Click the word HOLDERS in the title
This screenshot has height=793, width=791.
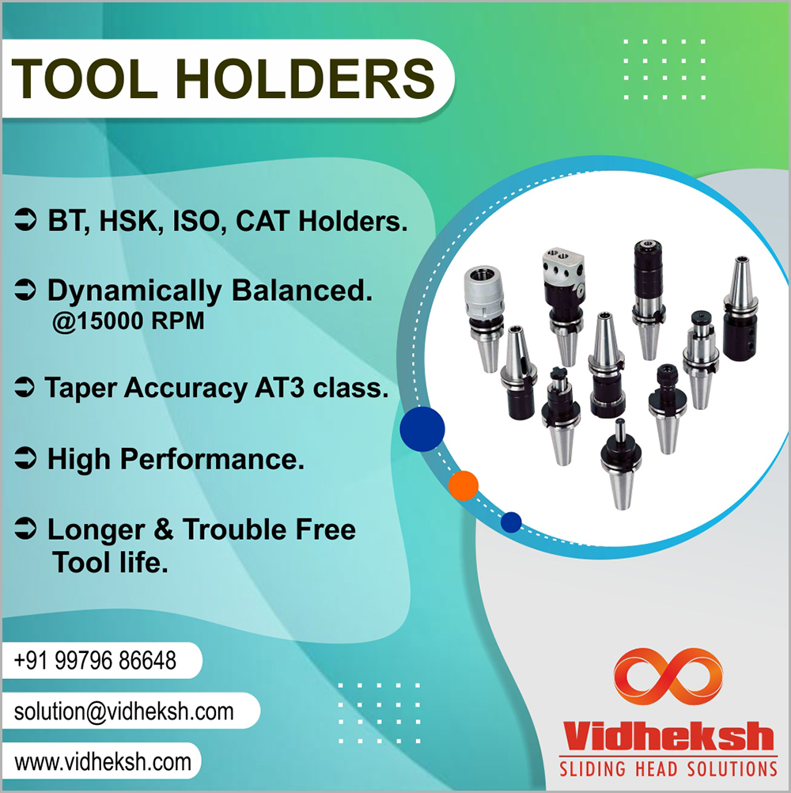tap(305, 79)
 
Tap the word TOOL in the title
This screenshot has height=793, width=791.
tap(85, 79)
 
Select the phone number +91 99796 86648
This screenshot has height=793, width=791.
tap(95, 661)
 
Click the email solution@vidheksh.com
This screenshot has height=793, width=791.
tap(124, 711)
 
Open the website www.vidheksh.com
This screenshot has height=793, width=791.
tap(103, 761)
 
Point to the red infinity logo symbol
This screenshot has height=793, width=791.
tap(668, 677)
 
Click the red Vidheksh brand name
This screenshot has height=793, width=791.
tap(668, 736)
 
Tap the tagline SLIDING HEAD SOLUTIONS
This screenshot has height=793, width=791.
tap(668, 769)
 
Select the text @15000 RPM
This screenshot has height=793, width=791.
tap(128, 321)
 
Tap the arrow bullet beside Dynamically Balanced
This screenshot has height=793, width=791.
tap(25, 290)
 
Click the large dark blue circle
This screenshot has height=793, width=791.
tap(422, 429)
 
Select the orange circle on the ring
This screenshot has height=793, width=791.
tap(463, 485)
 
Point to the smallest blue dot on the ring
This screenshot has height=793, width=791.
tap(511, 522)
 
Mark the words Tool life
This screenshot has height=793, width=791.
tap(110, 563)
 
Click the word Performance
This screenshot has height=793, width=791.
tap(212, 459)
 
